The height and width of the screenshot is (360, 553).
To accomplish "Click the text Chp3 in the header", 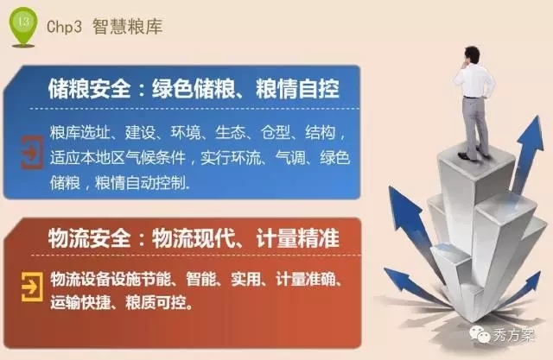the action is [64, 27].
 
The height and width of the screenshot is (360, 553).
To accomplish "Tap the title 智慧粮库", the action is [127, 27].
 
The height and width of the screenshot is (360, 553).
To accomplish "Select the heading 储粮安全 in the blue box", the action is [89, 88].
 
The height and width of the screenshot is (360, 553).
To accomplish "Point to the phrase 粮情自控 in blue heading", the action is [297, 88].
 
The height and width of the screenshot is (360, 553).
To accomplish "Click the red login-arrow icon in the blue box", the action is [32, 153].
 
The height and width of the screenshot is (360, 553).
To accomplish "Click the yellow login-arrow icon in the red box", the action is [32, 287].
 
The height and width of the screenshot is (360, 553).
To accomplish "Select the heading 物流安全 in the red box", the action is [89, 238].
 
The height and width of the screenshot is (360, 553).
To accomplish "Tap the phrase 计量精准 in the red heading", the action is [297, 238].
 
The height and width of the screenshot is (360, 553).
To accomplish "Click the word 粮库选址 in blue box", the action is [79, 133].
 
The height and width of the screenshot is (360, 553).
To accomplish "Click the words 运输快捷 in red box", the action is [80, 302].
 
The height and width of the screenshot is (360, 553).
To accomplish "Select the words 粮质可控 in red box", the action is [156, 302].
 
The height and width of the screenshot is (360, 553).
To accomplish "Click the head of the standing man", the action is [472, 55].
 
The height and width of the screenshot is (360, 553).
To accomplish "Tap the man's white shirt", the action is [474, 80].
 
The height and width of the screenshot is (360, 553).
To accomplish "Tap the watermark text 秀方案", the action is [514, 335].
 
